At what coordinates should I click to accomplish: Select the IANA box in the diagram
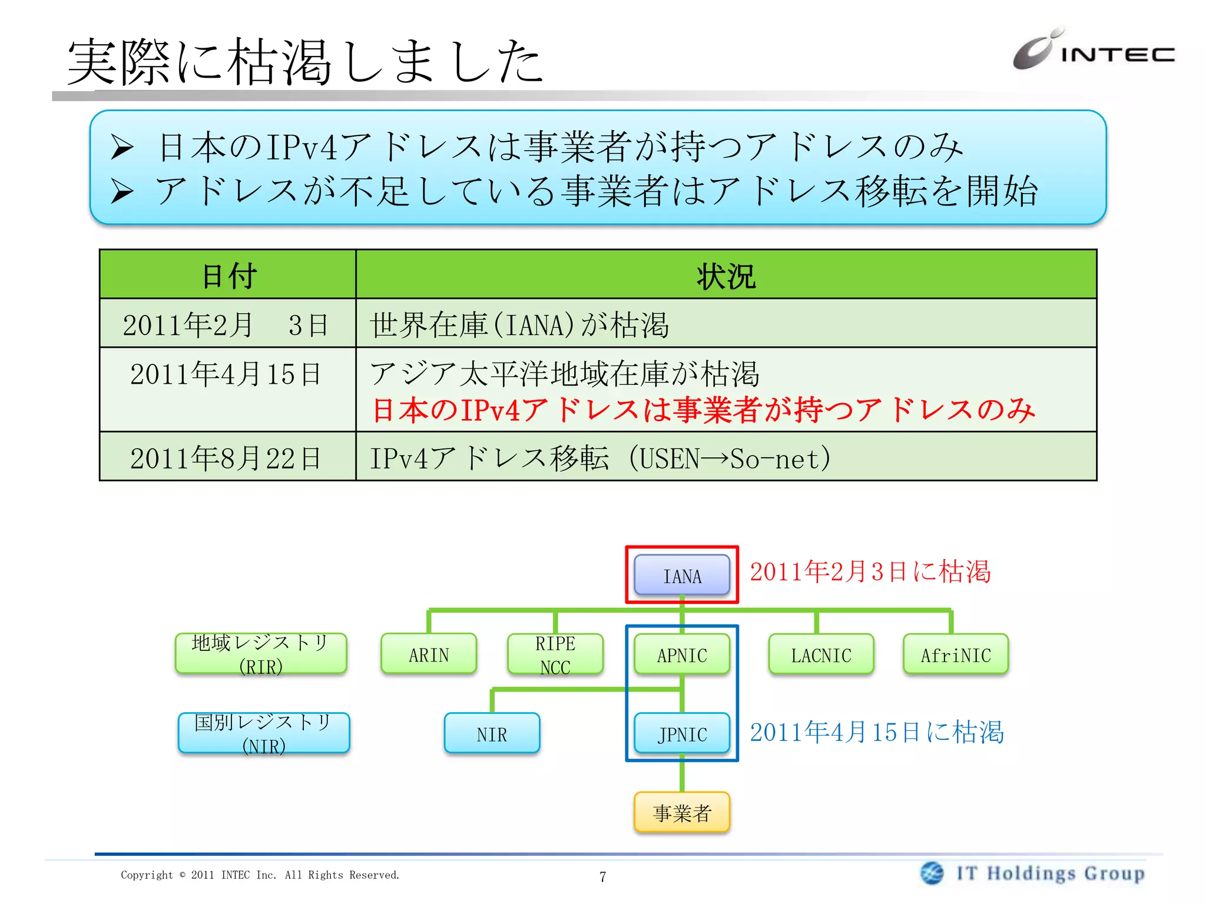[x=682, y=575]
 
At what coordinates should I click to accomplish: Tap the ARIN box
[x=429, y=654]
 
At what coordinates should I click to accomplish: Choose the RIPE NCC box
[x=555, y=654]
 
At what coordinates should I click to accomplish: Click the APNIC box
[x=682, y=654]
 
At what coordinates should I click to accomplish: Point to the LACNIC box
[x=821, y=654]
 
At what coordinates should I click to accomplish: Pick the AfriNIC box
[x=956, y=654]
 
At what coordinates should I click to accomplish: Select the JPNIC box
[x=682, y=733]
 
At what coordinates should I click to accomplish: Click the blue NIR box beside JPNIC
[x=492, y=733]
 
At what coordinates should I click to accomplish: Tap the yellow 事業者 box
[x=682, y=813]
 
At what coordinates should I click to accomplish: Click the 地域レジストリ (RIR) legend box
[x=261, y=653]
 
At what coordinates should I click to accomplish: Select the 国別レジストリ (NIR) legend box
[x=264, y=733]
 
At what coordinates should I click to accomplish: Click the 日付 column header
[x=228, y=275]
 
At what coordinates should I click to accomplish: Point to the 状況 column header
[x=725, y=275]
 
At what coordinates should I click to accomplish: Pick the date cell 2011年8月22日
[x=226, y=457]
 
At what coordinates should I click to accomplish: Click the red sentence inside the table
[x=703, y=410]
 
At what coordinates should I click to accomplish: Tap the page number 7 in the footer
[x=602, y=876]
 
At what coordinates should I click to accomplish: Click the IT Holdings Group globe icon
[x=932, y=873]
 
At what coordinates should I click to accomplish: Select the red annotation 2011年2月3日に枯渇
[x=870, y=571]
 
